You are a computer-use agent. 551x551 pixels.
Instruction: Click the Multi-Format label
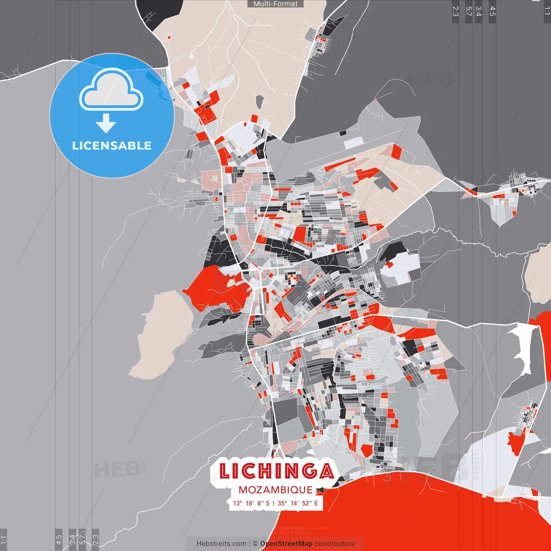(275, 4)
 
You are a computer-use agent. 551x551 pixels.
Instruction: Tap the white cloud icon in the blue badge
(111, 91)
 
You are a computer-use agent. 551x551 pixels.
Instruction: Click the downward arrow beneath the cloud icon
(106, 124)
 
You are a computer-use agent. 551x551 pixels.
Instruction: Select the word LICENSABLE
(112, 145)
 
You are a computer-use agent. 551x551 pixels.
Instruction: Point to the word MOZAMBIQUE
(275, 490)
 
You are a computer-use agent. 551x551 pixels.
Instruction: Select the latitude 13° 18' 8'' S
(251, 503)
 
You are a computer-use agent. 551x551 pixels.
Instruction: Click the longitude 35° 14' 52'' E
(298, 503)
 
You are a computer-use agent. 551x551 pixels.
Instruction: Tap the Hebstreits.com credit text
(221, 544)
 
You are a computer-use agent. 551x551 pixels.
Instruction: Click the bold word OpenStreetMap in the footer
(286, 544)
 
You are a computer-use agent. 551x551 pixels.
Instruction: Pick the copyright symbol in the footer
(255, 544)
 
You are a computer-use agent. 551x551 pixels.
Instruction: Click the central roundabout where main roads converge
(260, 269)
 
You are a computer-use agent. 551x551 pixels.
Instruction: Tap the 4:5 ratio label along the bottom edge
(59, 539)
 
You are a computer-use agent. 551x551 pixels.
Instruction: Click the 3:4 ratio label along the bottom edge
(72, 539)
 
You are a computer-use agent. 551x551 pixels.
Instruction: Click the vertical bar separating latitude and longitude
(274, 503)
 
